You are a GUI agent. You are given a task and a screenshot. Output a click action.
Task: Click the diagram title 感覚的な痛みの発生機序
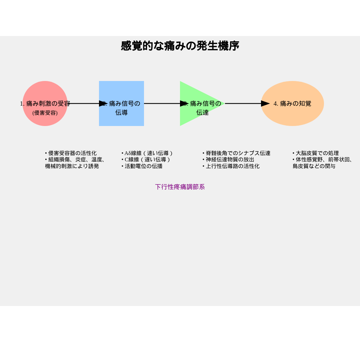click(x=180, y=46)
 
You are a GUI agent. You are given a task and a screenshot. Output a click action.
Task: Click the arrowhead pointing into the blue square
click(x=103, y=104)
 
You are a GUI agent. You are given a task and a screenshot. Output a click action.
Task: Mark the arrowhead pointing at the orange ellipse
click(x=265, y=104)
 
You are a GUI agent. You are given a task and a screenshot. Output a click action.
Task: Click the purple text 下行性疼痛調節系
click(x=180, y=187)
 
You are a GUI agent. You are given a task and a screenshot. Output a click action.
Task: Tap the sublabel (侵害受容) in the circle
click(x=45, y=113)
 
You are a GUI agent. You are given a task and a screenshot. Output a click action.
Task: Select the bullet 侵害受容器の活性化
click(x=71, y=153)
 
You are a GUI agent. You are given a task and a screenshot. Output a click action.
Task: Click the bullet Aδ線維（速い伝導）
click(x=147, y=153)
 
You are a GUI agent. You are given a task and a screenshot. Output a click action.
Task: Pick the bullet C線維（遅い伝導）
click(x=146, y=160)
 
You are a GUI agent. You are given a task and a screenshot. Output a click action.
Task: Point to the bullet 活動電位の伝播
click(x=142, y=166)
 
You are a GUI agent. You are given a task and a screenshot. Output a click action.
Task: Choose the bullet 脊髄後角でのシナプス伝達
click(x=236, y=153)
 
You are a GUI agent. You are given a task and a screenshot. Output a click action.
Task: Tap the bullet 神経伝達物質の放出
click(x=228, y=160)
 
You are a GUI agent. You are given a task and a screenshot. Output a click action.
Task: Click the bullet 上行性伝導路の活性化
click(x=231, y=166)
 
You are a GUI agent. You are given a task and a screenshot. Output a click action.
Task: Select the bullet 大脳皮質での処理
click(x=316, y=153)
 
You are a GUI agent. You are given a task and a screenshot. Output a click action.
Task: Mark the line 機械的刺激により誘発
click(x=72, y=166)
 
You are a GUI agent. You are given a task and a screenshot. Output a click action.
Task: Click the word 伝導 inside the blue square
click(x=121, y=113)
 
